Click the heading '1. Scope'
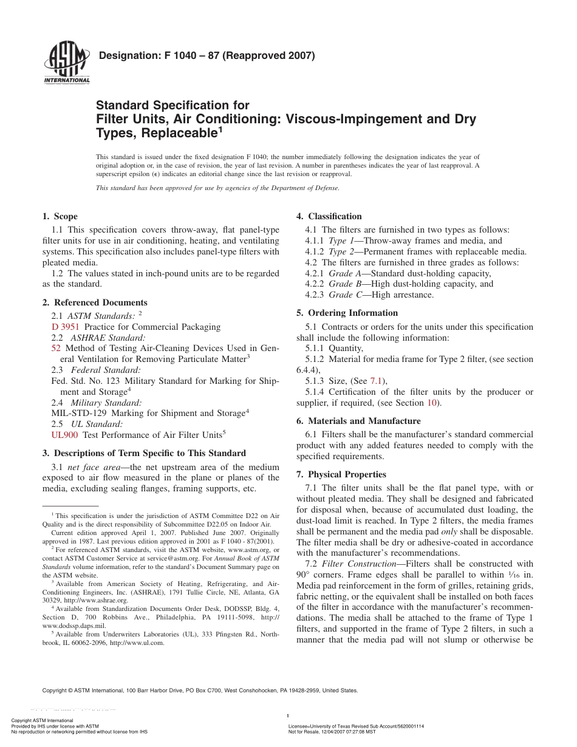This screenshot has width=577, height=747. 60,216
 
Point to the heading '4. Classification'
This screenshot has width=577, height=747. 329,216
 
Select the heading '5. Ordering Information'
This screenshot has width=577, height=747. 347,313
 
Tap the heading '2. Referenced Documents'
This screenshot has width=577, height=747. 95,302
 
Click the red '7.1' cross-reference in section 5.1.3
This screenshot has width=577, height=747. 377,381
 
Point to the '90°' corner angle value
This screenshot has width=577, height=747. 303,574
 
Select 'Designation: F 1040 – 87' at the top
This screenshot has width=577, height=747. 157,57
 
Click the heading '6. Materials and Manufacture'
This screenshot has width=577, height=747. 358,421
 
